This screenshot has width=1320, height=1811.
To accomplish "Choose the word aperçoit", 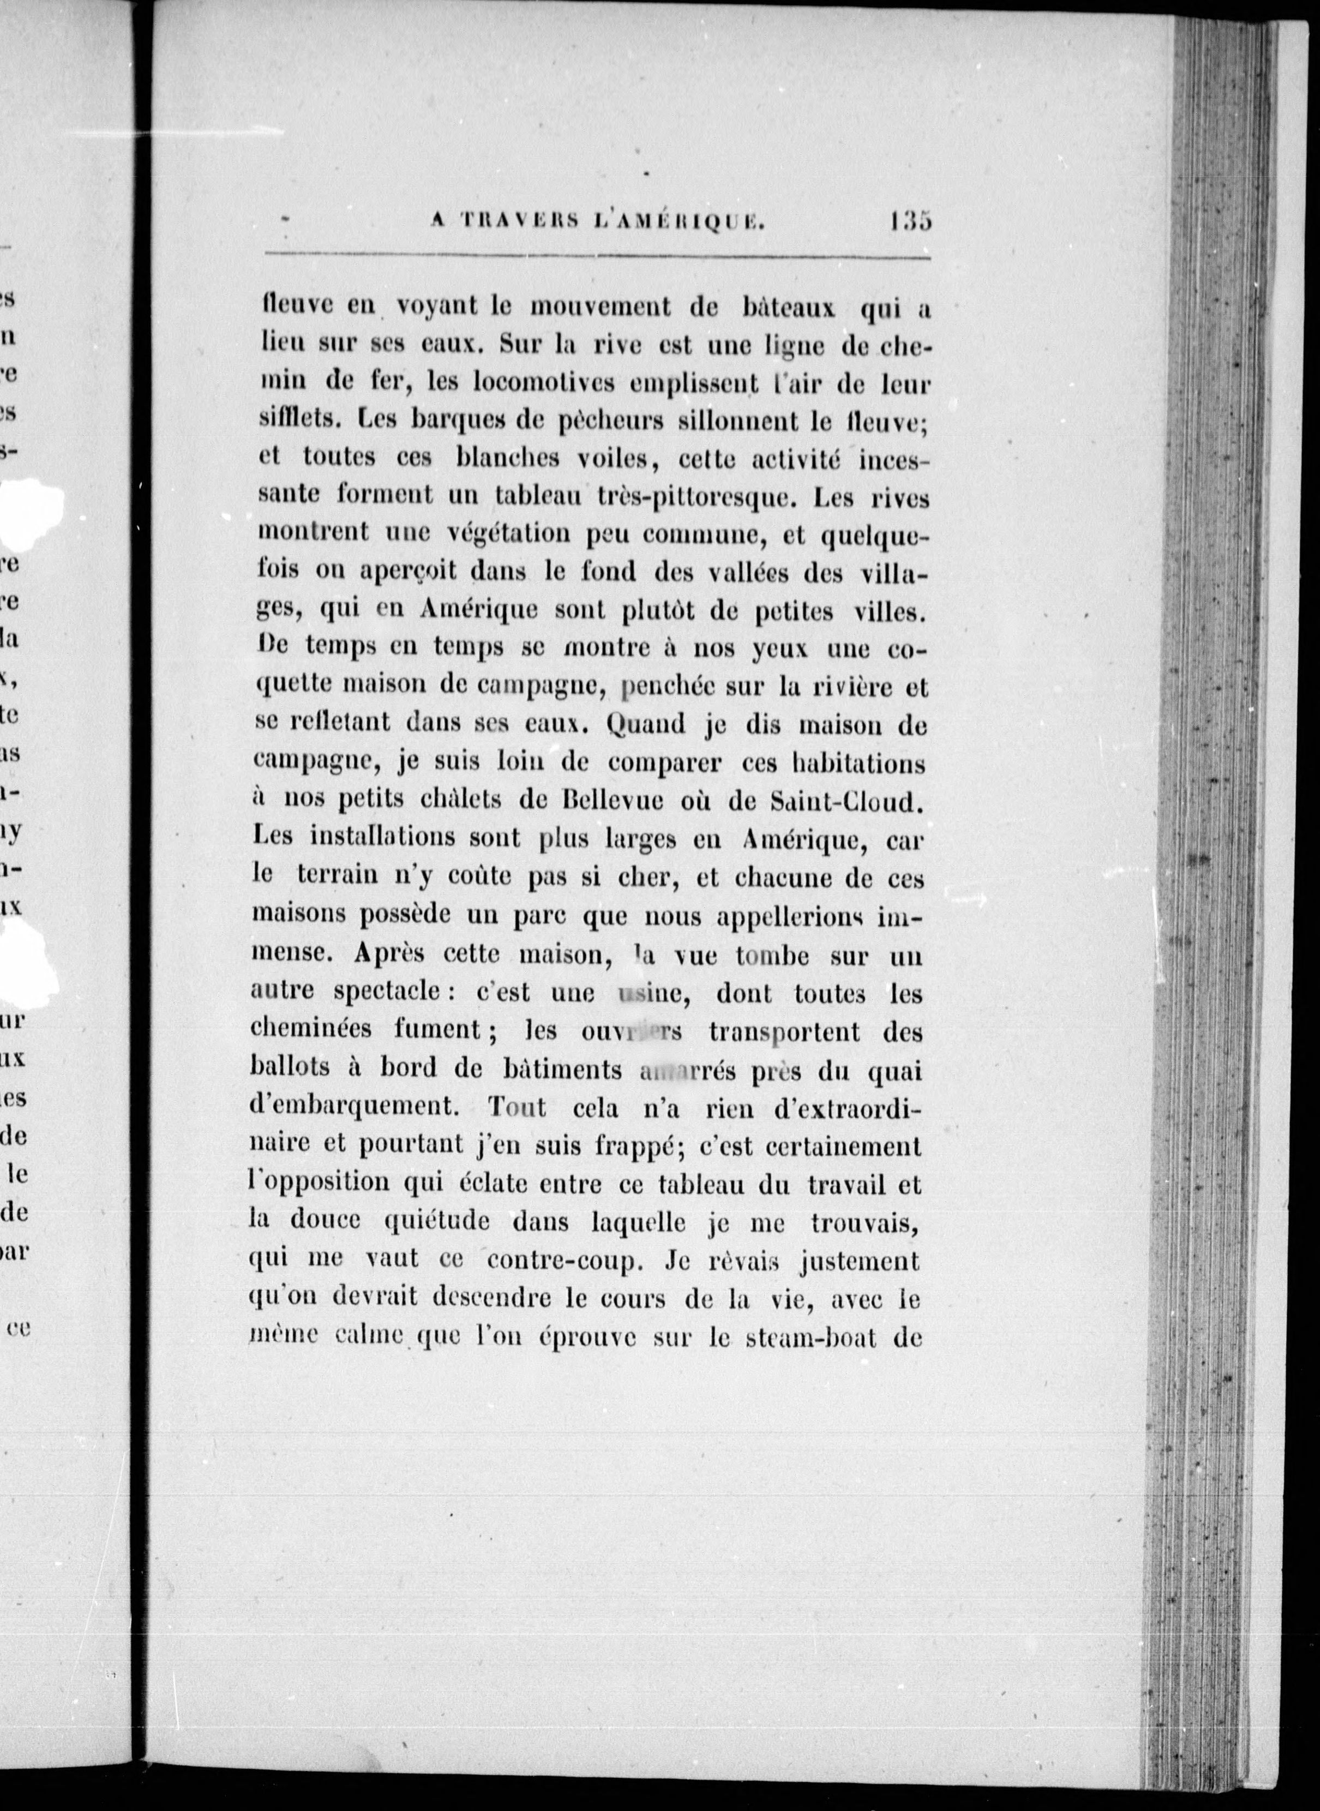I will pos(407,572).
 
